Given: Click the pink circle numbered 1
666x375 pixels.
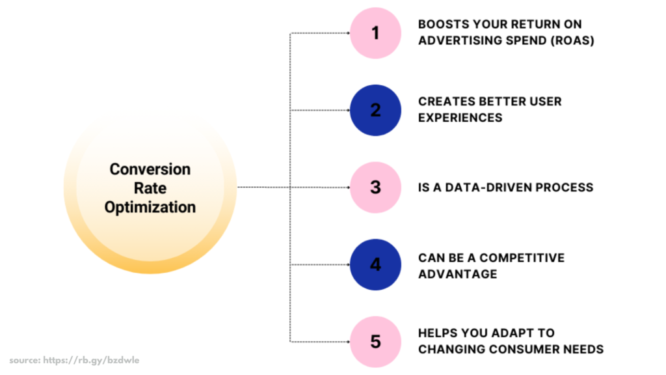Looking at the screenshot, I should (x=375, y=33).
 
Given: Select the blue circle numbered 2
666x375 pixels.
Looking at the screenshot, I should (x=375, y=110).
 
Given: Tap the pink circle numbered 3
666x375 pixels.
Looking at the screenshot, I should (x=375, y=187).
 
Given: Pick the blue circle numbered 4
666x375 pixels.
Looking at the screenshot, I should (x=375, y=265).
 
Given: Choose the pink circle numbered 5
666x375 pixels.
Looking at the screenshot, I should (x=375, y=341).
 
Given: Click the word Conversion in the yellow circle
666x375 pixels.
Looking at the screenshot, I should (x=150, y=169).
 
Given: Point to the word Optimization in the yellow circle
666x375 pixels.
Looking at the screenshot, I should (x=150, y=208).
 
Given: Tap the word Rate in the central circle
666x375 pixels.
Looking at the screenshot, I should (x=150, y=188).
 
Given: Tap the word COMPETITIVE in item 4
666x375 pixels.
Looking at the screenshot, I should (x=526, y=258).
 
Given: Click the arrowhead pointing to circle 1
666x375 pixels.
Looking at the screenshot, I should (x=347, y=33).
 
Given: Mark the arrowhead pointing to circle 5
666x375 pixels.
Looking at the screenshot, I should (x=347, y=341).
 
